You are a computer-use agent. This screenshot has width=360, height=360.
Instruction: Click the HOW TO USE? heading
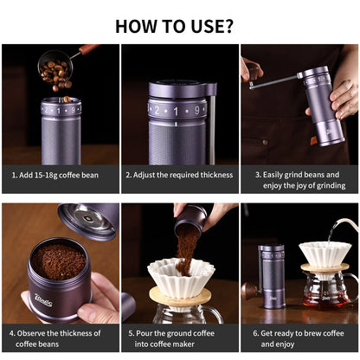(x=180, y=25)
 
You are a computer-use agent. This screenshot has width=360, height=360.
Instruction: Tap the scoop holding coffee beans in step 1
(x=55, y=67)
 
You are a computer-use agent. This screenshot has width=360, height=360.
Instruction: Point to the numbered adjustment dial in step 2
(x=177, y=110)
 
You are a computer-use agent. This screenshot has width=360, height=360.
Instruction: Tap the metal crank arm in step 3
(x=277, y=81)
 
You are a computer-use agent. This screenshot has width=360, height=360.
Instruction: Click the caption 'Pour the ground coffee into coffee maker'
(x=179, y=338)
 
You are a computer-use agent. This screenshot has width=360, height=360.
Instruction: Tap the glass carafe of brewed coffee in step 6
(x=325, y=295)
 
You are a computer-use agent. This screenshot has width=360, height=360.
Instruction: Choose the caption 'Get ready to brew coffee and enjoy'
(x=299, y=338)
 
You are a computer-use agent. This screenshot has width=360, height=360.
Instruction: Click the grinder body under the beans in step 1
(x=61, y=130)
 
